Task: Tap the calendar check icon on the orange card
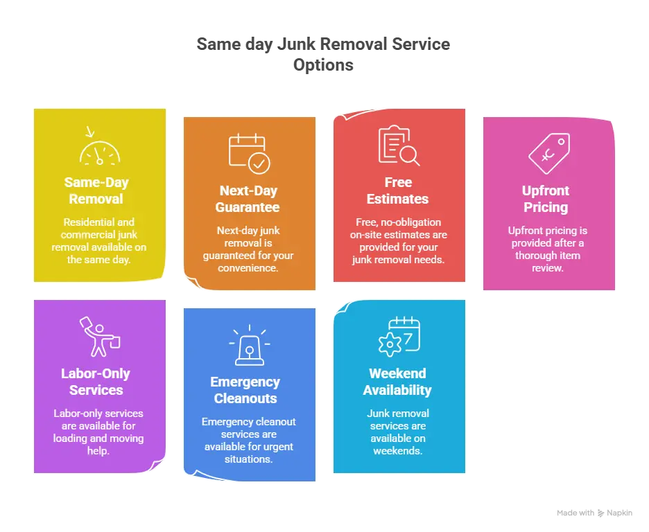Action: (x=249, y=153)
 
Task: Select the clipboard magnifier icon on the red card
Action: (x=398, y=146)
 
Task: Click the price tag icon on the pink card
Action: (x=548, y=153)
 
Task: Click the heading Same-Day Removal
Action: (x=96, y=190)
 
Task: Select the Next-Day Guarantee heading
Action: (x=248, y=199)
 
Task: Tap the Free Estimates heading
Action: (x=397, y=190)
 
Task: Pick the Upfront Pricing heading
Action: (x=546, y=199)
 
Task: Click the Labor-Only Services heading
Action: (x=96, y=382)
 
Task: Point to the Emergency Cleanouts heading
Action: (x=245, y=390)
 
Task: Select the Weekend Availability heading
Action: (x=397, y=382)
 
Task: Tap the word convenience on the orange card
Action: (x=248, y=268)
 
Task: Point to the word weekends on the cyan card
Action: (x=397, y=451)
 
